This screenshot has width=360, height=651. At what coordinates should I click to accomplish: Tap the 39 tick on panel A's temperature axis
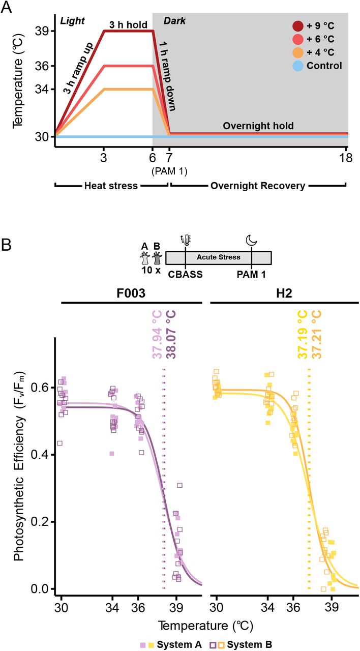coord(42,32)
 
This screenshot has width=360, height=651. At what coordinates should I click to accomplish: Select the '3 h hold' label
coord(128,24)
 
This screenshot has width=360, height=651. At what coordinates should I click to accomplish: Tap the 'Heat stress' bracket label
coord(111,186)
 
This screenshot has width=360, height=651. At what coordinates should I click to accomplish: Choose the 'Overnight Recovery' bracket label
coord(258,186)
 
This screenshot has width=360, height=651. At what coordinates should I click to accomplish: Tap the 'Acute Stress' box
coord(219,257)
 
